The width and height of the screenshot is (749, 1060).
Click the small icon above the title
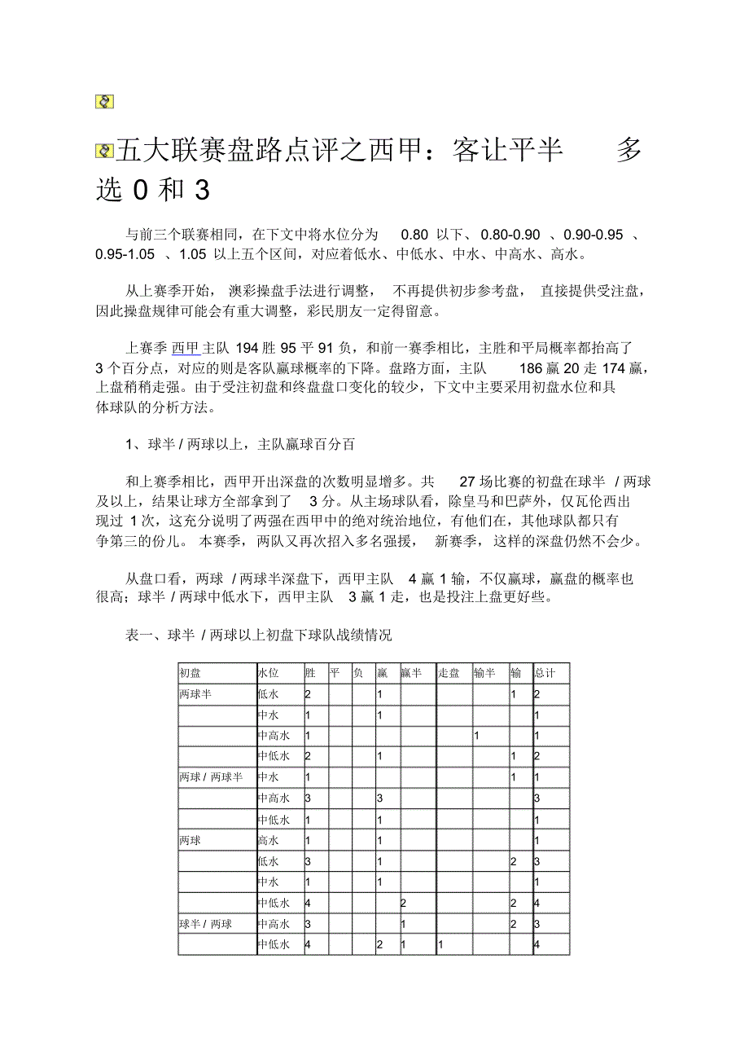coord(104,102)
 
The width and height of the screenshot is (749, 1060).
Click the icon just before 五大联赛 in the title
coord(104,151)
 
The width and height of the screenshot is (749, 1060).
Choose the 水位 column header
coord(269,673)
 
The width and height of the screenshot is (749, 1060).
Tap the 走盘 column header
coord(449,673)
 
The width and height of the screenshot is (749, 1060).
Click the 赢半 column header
coord(411,673)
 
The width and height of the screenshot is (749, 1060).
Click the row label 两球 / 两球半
coord(211,777)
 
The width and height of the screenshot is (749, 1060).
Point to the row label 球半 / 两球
coord(205,924)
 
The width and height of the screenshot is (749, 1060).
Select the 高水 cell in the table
coord(268,840)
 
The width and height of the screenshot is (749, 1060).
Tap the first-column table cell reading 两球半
coord(195,694)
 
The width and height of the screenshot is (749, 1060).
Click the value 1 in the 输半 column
coord(476,736)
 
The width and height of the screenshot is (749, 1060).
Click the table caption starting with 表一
coord(258,635)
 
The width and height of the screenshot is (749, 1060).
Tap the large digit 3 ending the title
coord(201,191)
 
